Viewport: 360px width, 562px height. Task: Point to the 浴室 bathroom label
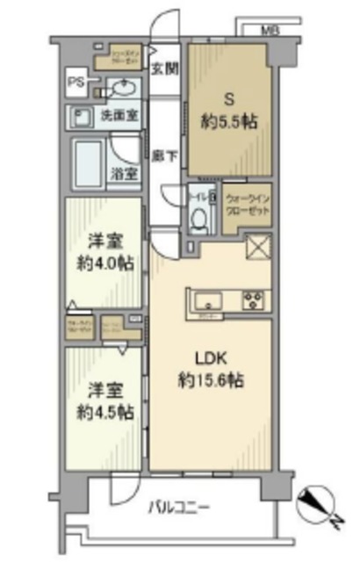coord(123,175)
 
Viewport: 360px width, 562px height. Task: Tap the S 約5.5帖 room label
coord(229,112)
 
